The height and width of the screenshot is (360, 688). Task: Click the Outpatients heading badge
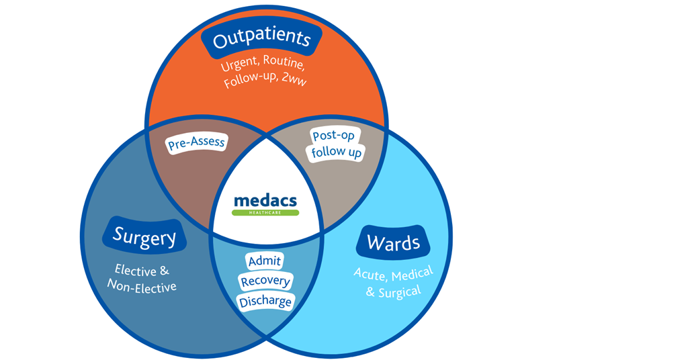point(261,40)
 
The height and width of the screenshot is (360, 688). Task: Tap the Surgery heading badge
point(144,236)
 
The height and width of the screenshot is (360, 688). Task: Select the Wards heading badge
point(393,242)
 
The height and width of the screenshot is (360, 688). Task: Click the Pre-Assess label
point(196,142)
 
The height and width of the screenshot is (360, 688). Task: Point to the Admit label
point(265,261)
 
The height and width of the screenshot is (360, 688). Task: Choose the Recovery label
point(265,281)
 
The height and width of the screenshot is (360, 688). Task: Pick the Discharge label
point(265,302)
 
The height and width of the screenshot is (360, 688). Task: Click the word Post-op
point(333,136)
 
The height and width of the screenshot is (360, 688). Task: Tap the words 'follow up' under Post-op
point(337,153)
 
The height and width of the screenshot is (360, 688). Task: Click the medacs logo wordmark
point(265,200)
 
